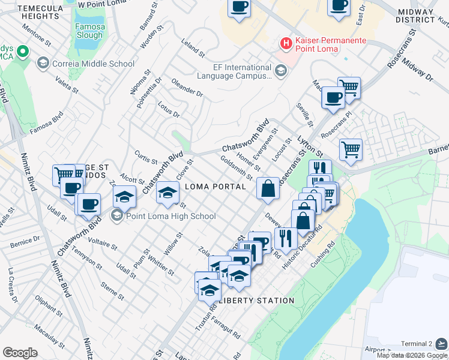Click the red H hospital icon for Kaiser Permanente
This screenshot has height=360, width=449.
286,44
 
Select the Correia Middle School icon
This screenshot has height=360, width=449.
43,63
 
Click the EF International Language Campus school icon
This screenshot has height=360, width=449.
280,72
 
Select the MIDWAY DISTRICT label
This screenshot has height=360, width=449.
415,16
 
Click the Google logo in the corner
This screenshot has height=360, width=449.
20,352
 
